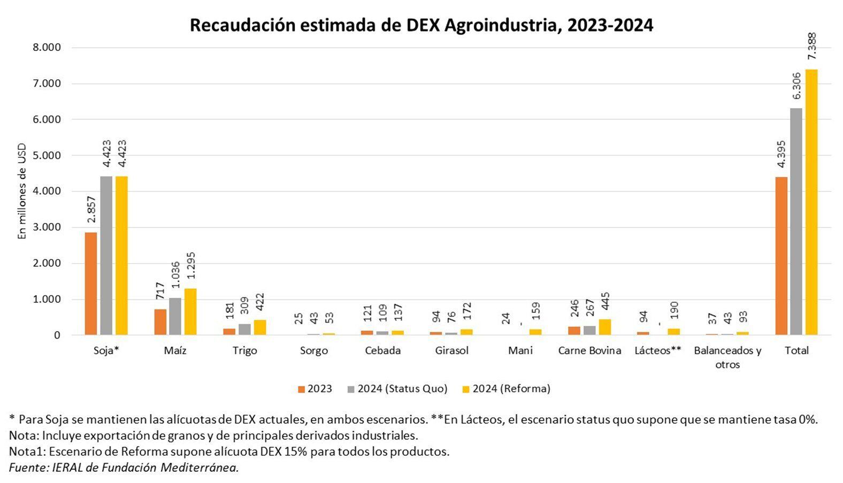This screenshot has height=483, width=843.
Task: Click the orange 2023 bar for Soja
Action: (91, 283)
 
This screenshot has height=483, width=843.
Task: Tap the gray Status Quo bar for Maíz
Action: (175, 316)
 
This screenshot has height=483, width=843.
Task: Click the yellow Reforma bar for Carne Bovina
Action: (604, 327)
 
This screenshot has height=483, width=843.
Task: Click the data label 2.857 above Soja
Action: (91, 210)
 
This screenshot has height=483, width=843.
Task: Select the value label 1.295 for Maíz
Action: (191, 266)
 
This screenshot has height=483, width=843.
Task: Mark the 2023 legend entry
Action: (315, 389)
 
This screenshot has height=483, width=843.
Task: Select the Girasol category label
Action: (451, 351)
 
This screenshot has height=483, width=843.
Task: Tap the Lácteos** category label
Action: (658, 351)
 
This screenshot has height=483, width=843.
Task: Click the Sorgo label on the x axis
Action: (313, 351)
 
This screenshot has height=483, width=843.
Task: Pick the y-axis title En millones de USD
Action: (22, 191)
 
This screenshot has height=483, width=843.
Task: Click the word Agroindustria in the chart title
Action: (503, 25)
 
